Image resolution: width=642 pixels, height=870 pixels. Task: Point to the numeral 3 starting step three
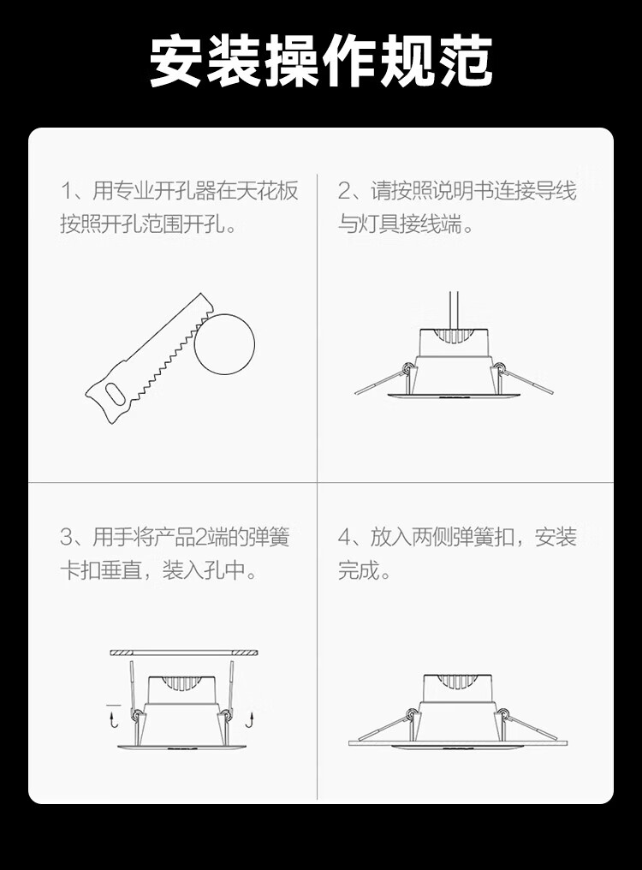67,537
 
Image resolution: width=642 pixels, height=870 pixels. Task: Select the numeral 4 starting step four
345,537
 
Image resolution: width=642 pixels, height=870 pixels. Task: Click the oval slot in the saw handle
116,395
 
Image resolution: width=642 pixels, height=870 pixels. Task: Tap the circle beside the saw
224,344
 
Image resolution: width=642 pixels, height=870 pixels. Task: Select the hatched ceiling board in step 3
184,652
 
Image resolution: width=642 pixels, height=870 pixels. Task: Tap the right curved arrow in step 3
250,719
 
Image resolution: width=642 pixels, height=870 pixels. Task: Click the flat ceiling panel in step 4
458,742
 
